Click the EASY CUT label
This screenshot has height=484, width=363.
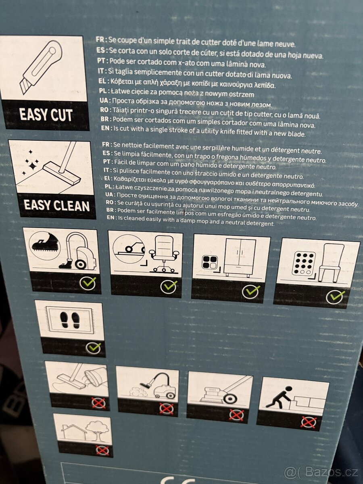pos(46,115)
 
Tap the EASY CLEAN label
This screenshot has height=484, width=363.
pos(57,205)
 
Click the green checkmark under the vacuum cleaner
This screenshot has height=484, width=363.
pos(88,283)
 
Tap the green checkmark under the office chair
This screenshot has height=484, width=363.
pos(169,287)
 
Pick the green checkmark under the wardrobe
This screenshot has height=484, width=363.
pos(251,291)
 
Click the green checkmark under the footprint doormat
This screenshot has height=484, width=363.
pos(94,348)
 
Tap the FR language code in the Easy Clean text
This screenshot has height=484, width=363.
pos(106,145)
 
